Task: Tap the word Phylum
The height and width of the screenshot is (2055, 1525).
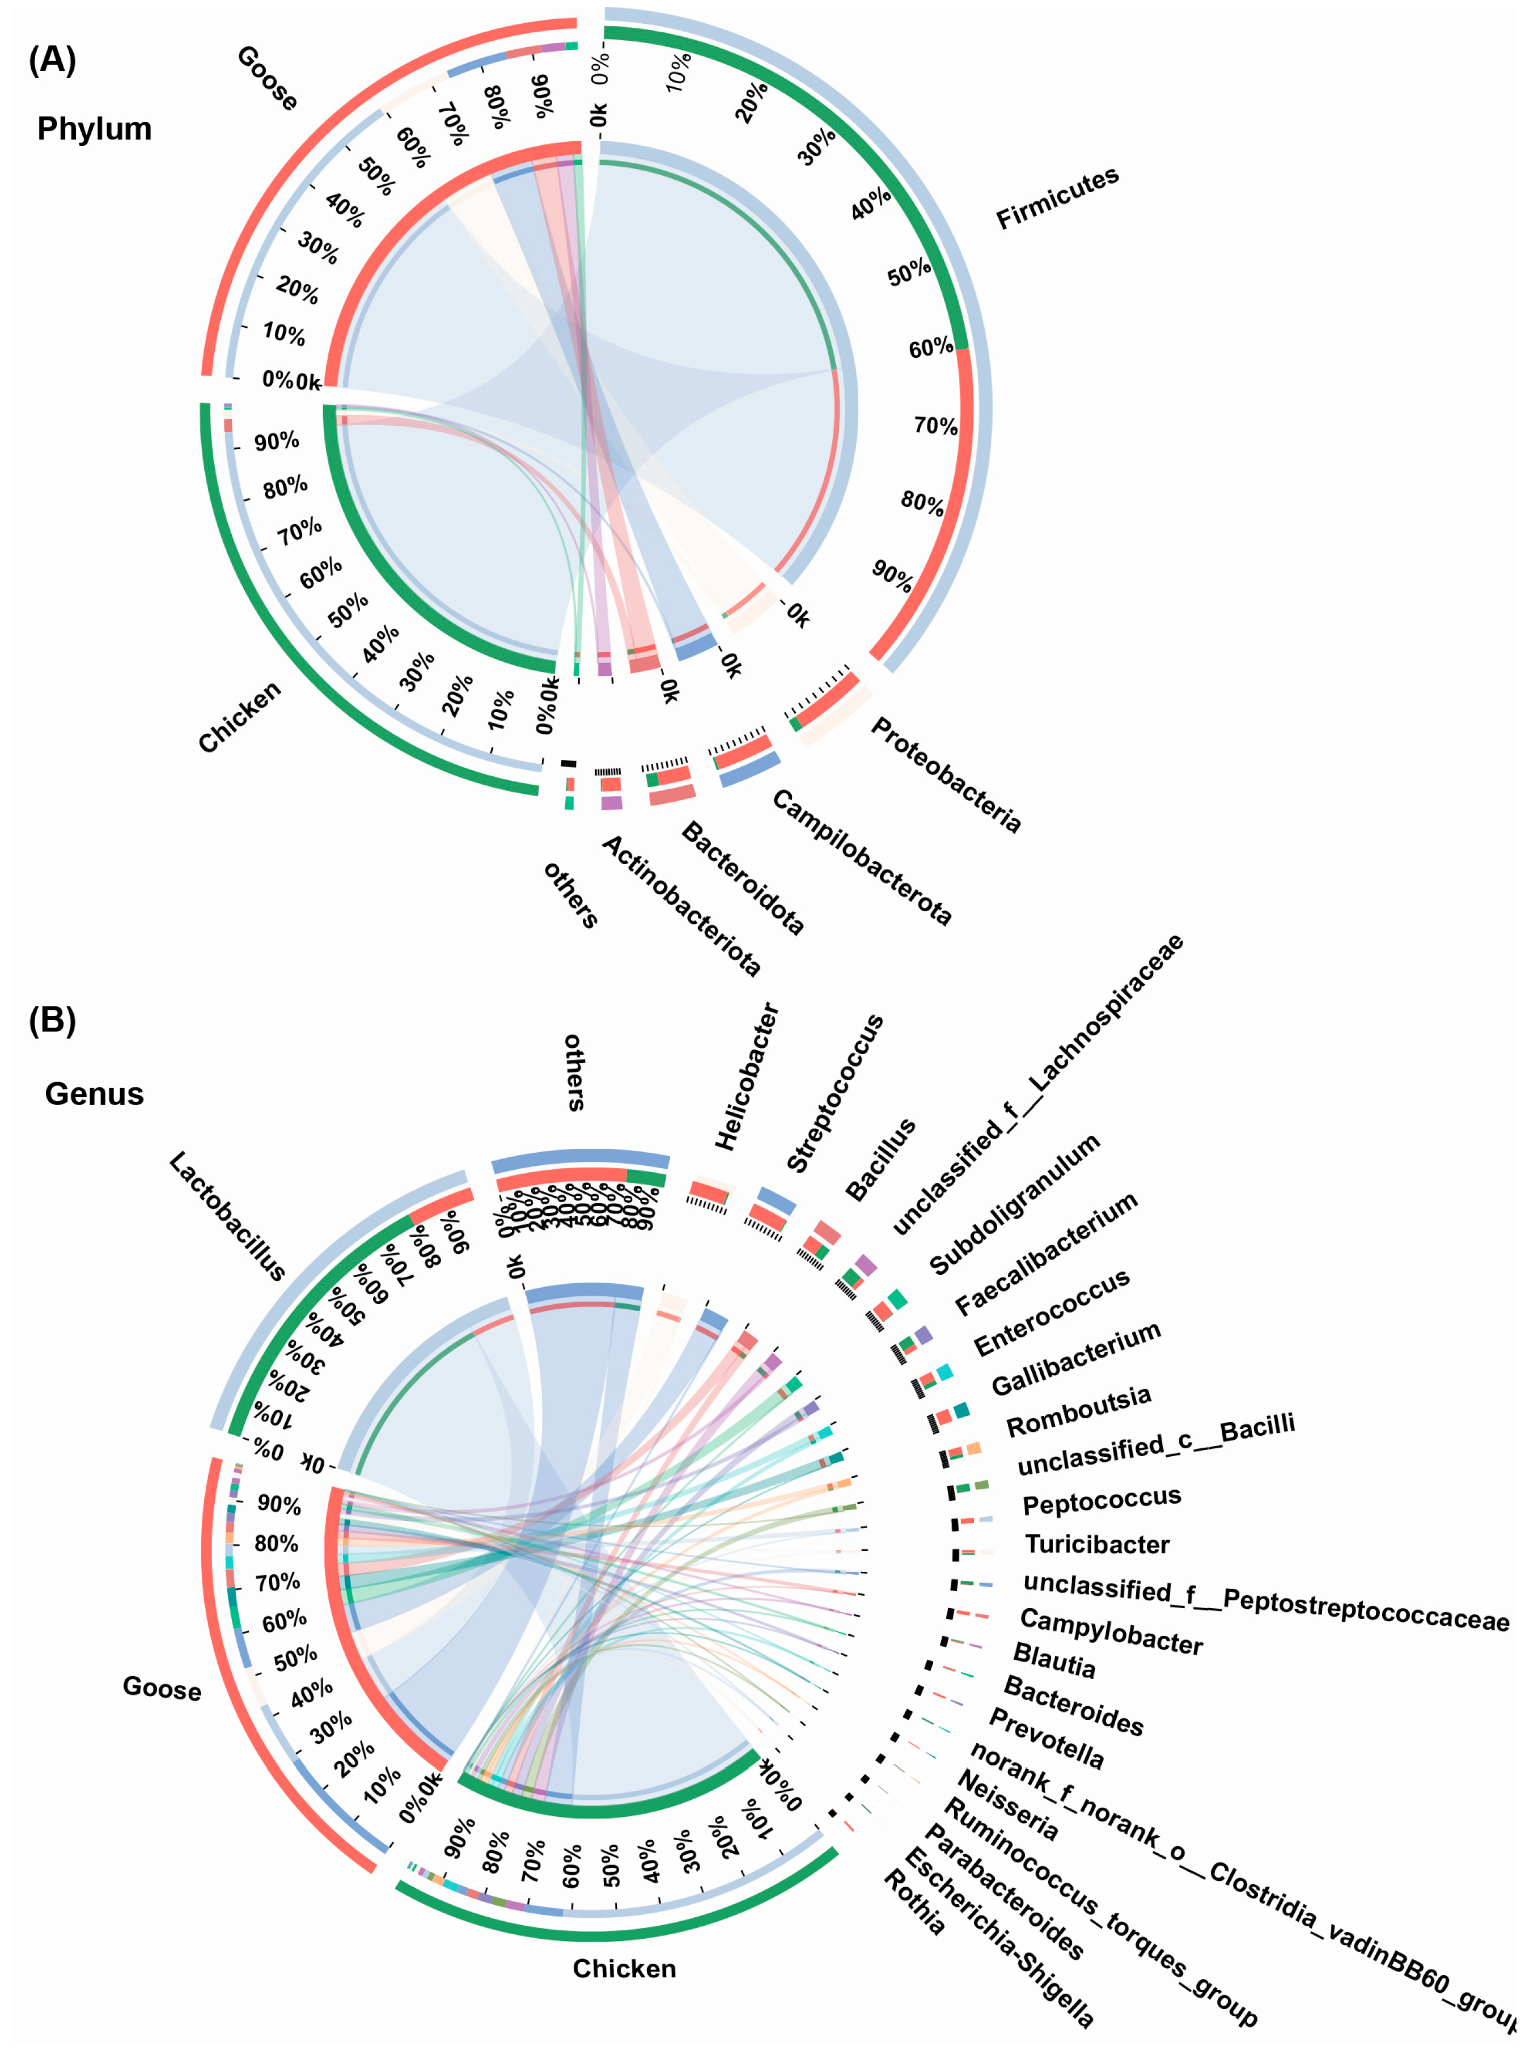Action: coord(94,129)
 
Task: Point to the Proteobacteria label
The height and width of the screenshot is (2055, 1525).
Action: coord(946,776)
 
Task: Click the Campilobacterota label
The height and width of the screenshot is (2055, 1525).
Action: coord(861,857)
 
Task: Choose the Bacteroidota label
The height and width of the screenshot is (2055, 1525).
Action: coord(743,878)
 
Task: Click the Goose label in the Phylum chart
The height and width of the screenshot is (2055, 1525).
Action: coord(268,78)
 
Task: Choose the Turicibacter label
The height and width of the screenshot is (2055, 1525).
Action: coord(1096,1545)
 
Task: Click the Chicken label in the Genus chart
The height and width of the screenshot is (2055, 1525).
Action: coord(624,1969)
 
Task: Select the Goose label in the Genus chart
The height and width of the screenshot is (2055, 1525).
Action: coord(163,1689)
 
